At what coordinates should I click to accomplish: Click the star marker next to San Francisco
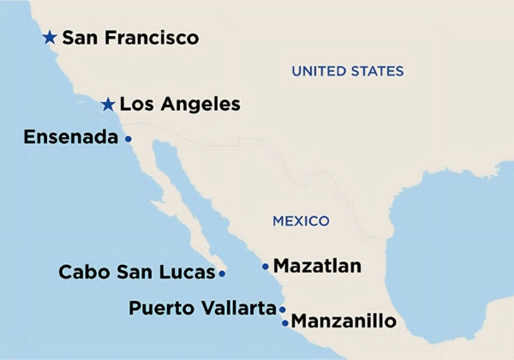[50, 38]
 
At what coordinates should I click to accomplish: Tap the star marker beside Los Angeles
[108, 105]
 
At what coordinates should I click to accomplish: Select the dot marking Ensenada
[128, 138]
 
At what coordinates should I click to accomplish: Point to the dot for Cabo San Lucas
[222, 273]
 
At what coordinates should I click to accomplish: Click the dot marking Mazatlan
[265, 267]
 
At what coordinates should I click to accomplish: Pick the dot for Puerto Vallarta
[283, 309]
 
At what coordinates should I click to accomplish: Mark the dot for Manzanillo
[285, 323]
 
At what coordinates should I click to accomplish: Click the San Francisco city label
[130, 38]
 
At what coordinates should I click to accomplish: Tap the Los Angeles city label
[180, 105]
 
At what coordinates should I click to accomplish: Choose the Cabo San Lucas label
[135, 273]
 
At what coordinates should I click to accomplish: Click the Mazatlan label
[317, 267]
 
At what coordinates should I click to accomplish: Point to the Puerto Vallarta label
[202, 308]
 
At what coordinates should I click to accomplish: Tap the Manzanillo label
[344, 322]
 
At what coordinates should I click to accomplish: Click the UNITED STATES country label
[347, 70]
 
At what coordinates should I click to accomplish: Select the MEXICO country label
[301, 221]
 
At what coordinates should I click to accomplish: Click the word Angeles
[203, 105]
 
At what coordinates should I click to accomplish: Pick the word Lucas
[188, 273]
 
